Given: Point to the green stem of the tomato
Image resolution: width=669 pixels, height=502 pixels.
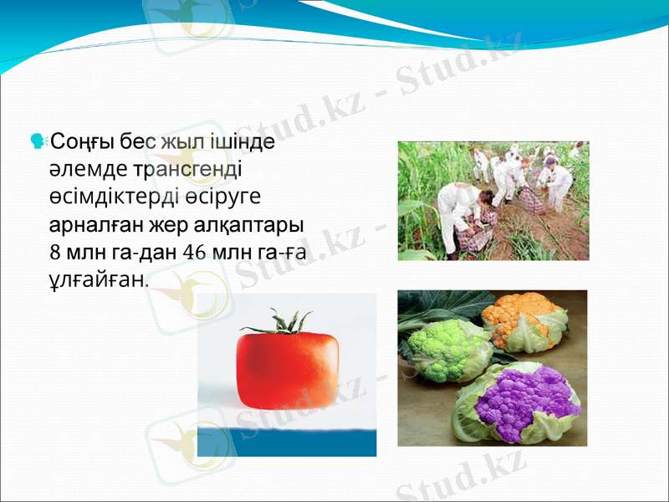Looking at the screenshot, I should coord(276,321).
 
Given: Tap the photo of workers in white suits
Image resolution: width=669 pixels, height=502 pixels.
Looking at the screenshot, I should coord(493,200).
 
